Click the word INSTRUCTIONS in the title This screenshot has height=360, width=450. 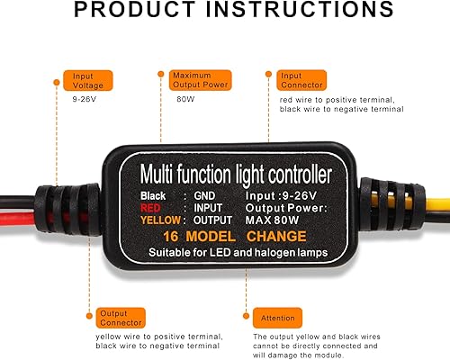click(297, 11)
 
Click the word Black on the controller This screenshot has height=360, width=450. click(154, 194)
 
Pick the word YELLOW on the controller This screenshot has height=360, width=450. click(158, 220)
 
